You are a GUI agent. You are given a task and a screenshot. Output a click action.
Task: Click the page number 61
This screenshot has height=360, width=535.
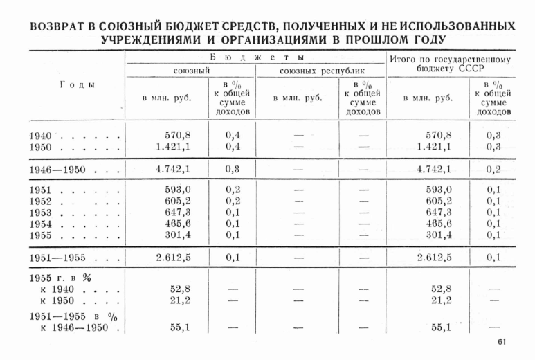coord(502,341)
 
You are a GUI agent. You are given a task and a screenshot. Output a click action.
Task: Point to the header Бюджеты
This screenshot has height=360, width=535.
coord(257,57)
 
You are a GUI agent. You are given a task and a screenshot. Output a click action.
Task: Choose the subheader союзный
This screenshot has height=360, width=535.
coord(191,71)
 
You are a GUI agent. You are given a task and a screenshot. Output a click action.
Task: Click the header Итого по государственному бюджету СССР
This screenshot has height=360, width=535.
coord(450,64)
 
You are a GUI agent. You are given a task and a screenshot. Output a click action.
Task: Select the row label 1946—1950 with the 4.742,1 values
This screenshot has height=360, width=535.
coord(66,169)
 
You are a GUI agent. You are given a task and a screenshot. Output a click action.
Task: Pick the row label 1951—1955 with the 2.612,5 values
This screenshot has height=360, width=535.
coord(66,258)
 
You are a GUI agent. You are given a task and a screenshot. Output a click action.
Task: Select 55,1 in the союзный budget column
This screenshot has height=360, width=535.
coord(181,327)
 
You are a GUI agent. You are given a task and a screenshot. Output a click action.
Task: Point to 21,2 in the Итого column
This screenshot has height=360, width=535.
coord(441,300)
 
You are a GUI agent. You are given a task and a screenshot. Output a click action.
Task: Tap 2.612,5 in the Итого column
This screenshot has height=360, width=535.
coord(435,258)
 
